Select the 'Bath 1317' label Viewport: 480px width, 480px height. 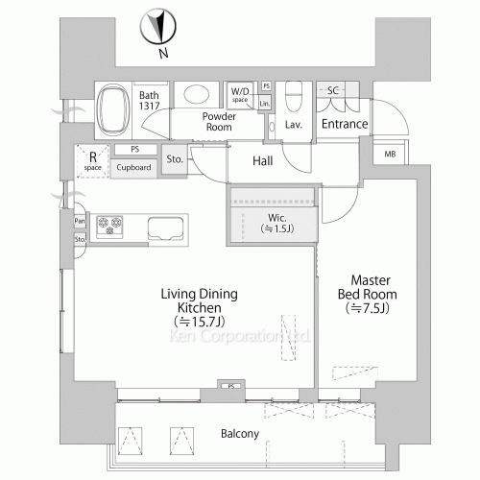149,101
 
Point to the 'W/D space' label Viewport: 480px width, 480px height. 240,95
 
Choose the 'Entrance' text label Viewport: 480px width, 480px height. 344,124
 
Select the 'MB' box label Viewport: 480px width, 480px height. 390,155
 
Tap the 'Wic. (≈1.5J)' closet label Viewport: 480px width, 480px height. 279,223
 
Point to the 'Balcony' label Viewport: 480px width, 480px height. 241,434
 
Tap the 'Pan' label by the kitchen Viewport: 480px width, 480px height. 80,221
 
